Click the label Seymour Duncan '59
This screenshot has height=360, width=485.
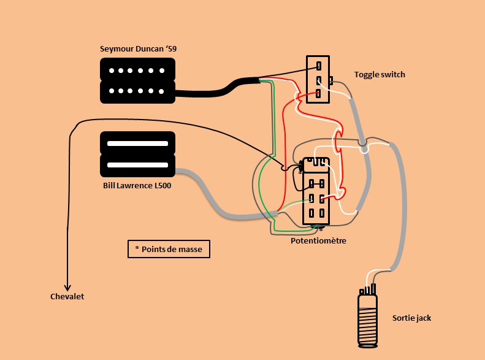point(138,49)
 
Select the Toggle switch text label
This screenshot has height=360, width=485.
point(380,75)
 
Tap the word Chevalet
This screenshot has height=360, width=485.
point(67,297)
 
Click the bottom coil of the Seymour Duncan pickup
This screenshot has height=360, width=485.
point(138,91)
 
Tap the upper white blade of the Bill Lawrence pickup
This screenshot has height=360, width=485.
point(138,144)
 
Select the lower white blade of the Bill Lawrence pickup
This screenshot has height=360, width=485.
point(138,164)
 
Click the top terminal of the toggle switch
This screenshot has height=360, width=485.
point(319,66)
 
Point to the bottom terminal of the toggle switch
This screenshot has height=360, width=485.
point(319,94)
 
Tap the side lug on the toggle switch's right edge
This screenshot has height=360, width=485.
point(331,80)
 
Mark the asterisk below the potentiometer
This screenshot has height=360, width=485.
point(320,230)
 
